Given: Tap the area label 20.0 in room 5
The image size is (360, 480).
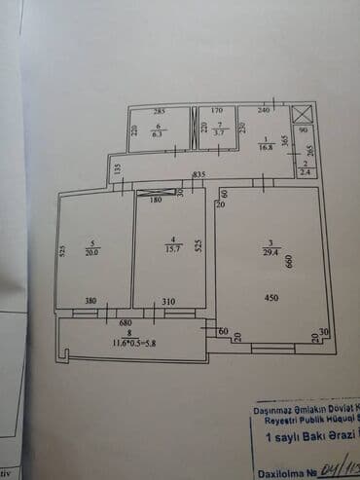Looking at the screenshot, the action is [x=93, y=249].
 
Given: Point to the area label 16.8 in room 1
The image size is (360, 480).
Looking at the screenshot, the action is [x=264, y=149].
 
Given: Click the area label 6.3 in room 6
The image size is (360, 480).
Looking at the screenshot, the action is [x=157, y=136].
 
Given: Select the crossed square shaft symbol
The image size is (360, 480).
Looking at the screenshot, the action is [x=301, y=112].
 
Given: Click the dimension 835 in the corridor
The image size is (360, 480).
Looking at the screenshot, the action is [x=198, y=174].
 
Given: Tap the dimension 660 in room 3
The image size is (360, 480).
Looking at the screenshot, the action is [x=289, y=260].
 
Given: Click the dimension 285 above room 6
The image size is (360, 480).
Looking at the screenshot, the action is [x=158, y=112].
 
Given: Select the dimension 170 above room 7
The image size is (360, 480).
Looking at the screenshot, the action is [x=217, y=112].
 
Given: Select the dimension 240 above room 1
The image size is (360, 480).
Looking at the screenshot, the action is [x=263, y=112].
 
